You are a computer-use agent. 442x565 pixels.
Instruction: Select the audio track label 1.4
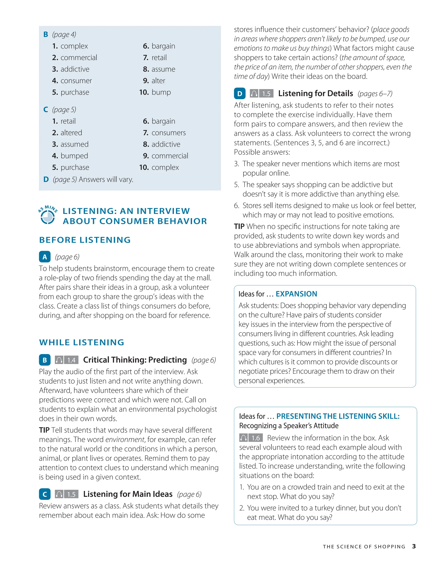(x=71, y=360)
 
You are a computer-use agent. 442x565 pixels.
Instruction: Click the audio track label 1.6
(x=256, y=438)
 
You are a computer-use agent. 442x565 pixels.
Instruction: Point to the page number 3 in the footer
(x=414, y=546)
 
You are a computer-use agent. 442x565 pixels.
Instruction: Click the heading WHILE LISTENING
(x=82, y=342)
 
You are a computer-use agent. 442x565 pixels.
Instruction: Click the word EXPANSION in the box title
(x=296, y=294)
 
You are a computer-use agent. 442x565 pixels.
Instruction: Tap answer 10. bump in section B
(x=155, y=92)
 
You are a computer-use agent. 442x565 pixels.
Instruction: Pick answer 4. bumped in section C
(x=70, y=156)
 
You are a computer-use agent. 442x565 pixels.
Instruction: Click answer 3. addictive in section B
(x=71, y=69)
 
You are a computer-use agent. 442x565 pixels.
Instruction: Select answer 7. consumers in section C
(x=164, y=133)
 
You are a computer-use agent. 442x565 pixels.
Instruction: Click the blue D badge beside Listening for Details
(x=240, y=94)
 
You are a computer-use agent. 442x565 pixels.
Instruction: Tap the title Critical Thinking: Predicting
(x=135, y=360)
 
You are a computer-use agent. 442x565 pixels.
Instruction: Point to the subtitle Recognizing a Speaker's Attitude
(x=289, y=425)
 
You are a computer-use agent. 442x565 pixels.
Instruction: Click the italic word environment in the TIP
(x=125, y=439)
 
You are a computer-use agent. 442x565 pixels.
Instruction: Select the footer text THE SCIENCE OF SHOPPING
(x=364, y=547)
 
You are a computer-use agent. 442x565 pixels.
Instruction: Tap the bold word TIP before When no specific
(x=239, y=226)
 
